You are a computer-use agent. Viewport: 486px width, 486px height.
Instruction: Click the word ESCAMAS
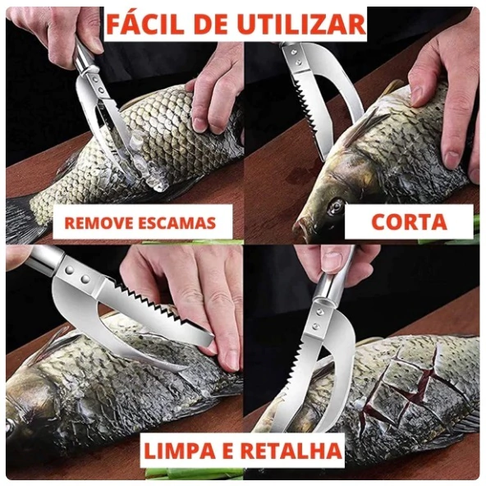[x=176, y=222]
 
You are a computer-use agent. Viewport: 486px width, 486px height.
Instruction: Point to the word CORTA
[x=409, y=222]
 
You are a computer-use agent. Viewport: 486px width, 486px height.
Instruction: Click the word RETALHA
[x=291, y=451]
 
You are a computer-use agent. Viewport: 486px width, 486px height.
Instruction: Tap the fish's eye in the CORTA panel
[x=336, y=206]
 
